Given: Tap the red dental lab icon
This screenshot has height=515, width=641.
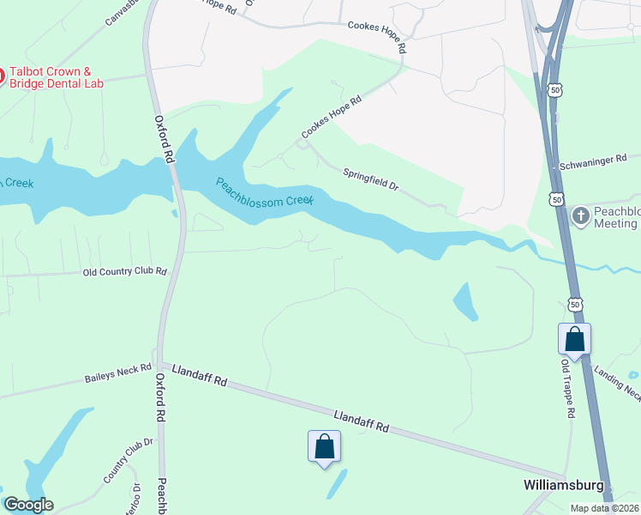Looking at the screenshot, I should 2,76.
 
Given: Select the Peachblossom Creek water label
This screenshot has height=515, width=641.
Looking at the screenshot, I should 265,191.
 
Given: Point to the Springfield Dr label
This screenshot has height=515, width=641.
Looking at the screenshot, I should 371,179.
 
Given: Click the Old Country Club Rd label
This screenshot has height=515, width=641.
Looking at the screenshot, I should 124,271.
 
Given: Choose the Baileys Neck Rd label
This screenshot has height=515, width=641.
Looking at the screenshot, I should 118,377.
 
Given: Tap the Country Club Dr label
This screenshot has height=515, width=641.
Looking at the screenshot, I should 129,460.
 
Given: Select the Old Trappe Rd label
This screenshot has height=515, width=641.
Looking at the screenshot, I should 566,388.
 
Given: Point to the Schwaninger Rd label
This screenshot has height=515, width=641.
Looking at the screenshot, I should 597,163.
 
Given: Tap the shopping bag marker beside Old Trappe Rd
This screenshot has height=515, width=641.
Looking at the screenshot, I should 574,339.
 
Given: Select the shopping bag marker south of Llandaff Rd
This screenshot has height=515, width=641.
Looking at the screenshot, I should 324,446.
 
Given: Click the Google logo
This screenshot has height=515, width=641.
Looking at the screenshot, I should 28,505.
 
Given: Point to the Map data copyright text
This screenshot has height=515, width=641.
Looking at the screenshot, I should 605,508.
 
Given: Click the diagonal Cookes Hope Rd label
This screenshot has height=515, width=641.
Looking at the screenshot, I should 331,118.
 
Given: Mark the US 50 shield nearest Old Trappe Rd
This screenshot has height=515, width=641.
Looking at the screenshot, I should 575,305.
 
